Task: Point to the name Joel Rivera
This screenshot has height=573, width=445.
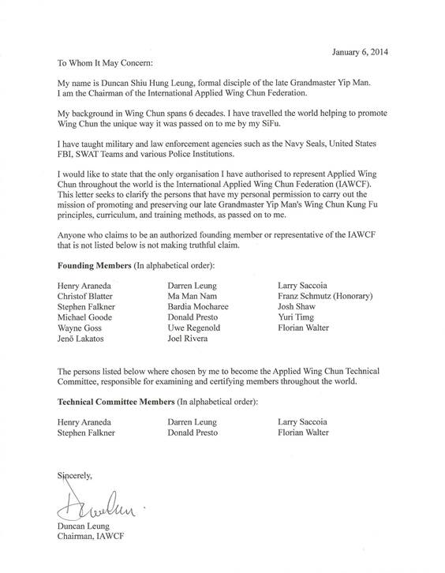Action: pos(189,339)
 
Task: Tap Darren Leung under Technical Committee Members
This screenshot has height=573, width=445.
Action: pos(193,422)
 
